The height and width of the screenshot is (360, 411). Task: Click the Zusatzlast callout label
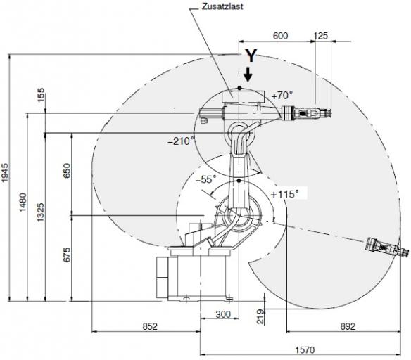pos(222,6)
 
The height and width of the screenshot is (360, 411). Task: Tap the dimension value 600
pos(280,36)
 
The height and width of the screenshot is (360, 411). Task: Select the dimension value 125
pos(321,36)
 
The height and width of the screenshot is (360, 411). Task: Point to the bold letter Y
pos(251,56)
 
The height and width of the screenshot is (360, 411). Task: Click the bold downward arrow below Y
pos(248,75)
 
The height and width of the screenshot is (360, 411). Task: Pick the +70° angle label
pos(282,96)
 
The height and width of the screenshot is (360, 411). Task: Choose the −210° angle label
pos(182,141)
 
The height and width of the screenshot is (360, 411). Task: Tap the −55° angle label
pos(206,179)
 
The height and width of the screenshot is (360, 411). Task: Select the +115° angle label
pos(284,194)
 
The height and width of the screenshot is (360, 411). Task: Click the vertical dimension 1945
pos(6,173)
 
